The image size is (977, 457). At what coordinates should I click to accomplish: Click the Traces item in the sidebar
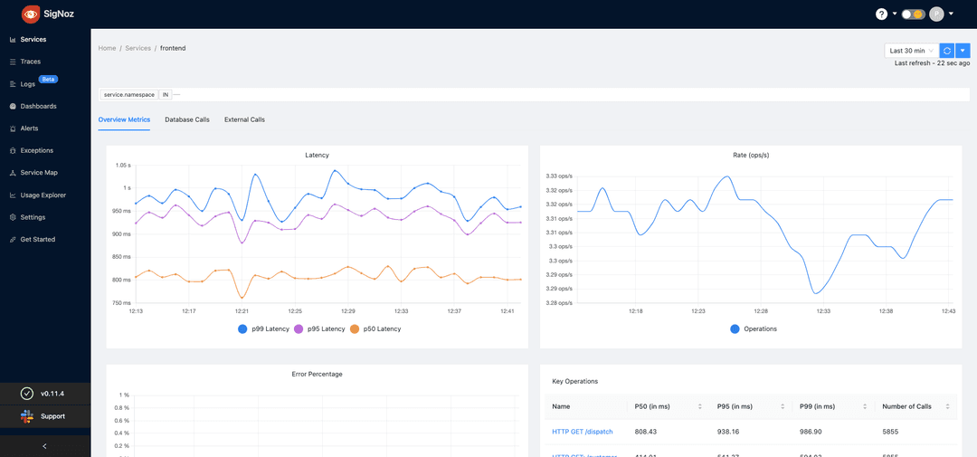coord(30,62)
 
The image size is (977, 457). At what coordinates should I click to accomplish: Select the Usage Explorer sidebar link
coord(43,195)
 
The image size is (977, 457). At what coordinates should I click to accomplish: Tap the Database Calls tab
coord(186,119)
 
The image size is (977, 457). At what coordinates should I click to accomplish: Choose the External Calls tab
coord(244,119)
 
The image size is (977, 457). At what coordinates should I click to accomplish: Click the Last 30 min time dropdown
coord(911,51)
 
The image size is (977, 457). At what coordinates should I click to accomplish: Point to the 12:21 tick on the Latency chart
coord(242,311)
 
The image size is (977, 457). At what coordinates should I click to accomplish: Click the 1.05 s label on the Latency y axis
coord(123,166)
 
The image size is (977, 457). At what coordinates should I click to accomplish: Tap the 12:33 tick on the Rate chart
coord(822,311)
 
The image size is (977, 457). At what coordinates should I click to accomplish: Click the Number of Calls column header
coord(906,406)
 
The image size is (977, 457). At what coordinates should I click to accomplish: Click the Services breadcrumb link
coord(138,48)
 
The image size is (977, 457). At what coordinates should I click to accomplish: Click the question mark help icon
coord(881,14)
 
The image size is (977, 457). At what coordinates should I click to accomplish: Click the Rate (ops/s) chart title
coord(750,155)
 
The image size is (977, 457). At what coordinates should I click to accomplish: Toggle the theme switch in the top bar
coord(913,14)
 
